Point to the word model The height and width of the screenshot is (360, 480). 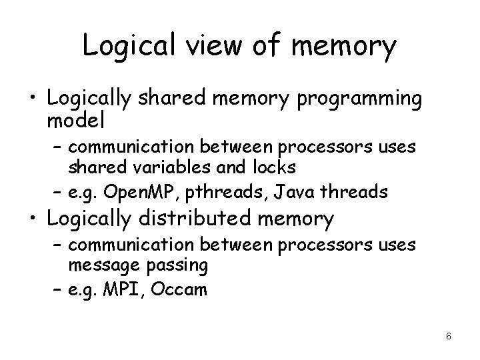pyautogui.click(x=76, y=122)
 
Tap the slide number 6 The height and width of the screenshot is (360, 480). pyautogui.click(x=449, y=336)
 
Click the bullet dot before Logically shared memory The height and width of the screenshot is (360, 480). pyautogui.click(x=31, y=99)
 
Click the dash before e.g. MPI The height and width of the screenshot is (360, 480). pyautogui.click(x=57, y=290)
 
